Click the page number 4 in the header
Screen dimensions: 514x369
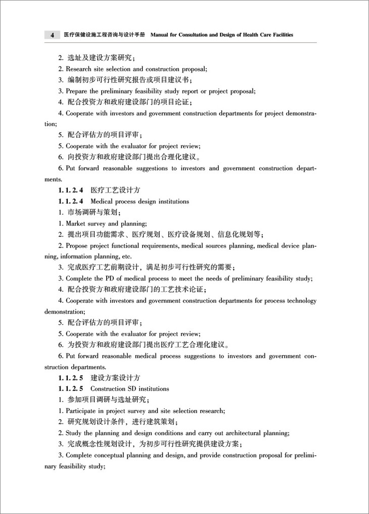coord(52,35)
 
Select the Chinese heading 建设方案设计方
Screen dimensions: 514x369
coord(115,378)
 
